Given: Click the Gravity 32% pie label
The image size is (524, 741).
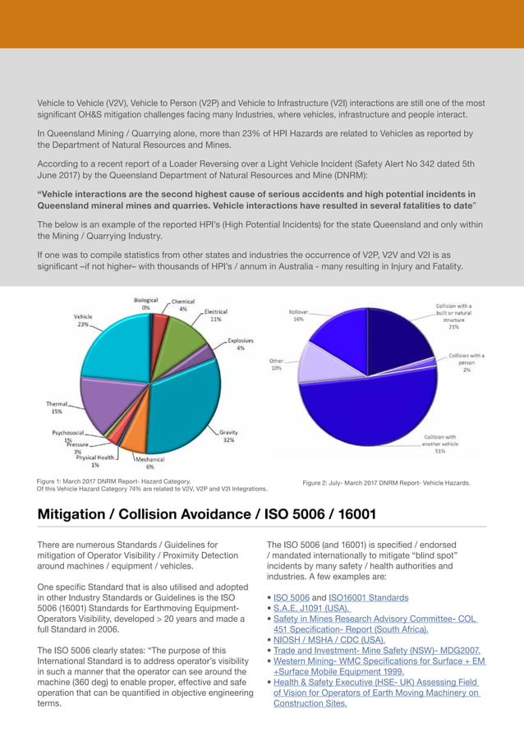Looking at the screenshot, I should tap(228, 435).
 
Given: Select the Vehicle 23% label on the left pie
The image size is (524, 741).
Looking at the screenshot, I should tap(83, 320).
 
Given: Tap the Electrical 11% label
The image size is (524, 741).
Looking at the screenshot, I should tap(215, 315).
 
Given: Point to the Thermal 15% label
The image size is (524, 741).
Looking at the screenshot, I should tap(56, 407).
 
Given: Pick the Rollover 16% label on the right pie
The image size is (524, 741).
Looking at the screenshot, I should tap(298, 315).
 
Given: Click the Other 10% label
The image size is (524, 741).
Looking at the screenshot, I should tap(277, 365).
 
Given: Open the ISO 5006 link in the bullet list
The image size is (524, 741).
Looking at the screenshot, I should tap(292, 597).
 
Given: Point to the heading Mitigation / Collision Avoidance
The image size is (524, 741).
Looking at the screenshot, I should tap(207, 515).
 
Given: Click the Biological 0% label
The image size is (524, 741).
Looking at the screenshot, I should tap(146, 304).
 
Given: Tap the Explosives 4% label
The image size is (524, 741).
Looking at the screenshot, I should tap(240, 343).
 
